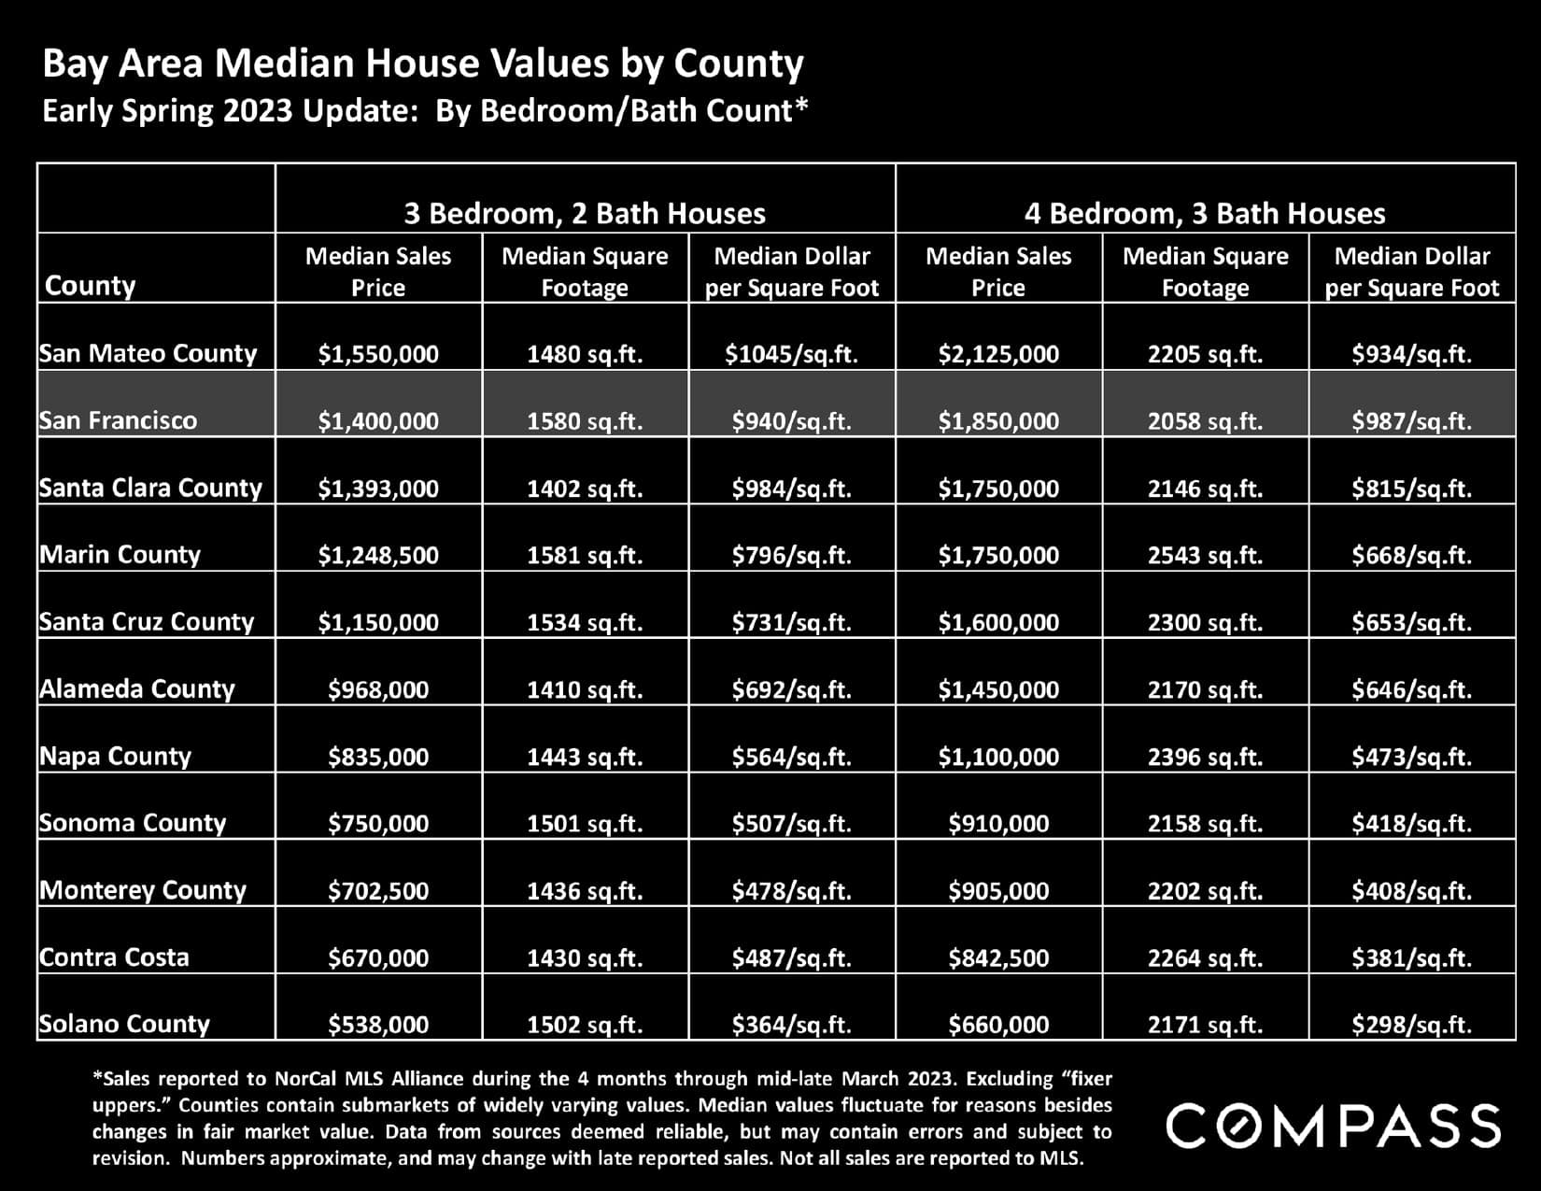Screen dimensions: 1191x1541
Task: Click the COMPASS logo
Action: pos(1334,1125)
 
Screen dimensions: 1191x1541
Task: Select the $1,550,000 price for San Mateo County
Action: pos(378,355)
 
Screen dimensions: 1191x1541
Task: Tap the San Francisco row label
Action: pos(119,420)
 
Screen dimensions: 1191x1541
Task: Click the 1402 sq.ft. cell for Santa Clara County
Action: pos(585,489)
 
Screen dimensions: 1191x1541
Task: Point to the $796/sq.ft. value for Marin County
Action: pos(791,556)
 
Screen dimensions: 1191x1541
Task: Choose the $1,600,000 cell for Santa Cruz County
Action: pos(998,623)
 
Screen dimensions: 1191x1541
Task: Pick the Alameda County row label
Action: pos(137,689)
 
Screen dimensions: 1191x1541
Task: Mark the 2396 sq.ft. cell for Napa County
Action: pos(1205,757)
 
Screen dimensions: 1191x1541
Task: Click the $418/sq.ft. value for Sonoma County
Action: pos(1411,824)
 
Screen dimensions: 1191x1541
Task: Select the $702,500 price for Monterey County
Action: pos(378,891)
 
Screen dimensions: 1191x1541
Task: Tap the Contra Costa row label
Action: pos(114,957)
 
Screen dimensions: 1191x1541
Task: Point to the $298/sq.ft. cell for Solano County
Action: pos(1411,1025)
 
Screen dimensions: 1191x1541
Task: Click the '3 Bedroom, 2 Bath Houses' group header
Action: pos(585,214)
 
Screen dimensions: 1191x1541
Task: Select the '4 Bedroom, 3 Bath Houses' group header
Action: pos(1205,214)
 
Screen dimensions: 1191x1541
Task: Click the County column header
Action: pos(91,285)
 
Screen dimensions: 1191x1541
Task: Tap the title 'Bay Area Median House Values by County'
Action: pos(423,64)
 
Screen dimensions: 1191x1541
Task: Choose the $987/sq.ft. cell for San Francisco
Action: pos(1411,421)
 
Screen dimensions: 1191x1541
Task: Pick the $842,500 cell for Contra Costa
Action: pos(998,958)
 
